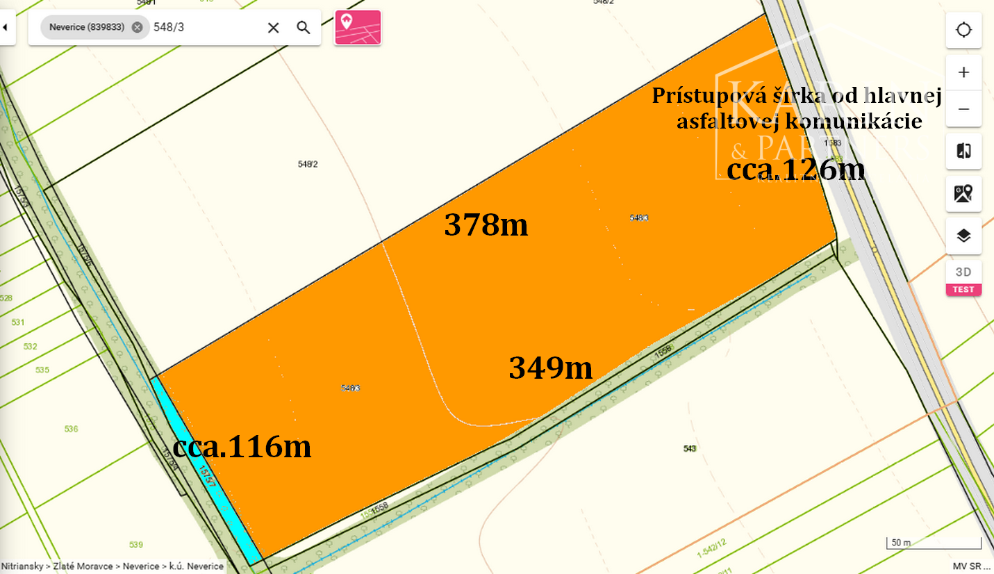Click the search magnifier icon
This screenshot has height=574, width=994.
tap(303, 28)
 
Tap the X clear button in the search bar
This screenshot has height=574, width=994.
tap(274, 28)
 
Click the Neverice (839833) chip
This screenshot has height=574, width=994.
tap(94, 28)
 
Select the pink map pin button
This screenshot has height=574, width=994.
tap(358, 28)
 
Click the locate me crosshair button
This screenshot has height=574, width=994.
tap(963, 31)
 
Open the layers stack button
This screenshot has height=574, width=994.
tap(963, 236)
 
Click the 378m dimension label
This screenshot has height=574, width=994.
tap(486, 225)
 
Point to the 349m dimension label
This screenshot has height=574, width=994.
tap(551, 368)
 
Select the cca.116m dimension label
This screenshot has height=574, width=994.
tap(242, 447)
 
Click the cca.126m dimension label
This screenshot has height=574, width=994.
tap(795, 170)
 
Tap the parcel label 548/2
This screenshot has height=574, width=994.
tap(308, 164)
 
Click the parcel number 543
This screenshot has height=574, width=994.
tap(690, 449)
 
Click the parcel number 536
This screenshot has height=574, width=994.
tap(71, 429)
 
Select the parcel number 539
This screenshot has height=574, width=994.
tap(136, 544)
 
